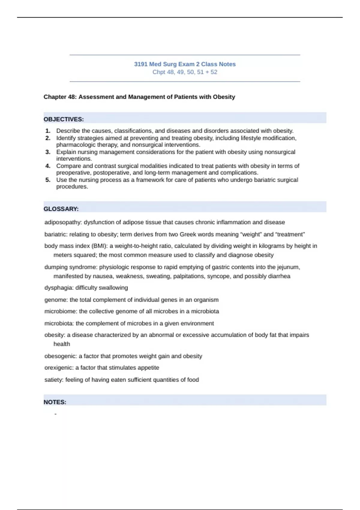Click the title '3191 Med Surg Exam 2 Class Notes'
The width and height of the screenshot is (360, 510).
[x=185, y=64]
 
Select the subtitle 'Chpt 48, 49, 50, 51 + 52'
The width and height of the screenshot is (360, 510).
[x=185, y=72]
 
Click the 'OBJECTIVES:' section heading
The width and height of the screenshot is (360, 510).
[x=64, y=119]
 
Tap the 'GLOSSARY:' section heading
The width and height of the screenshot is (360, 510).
[x=61, y=209]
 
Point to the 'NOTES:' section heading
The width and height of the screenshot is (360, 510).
[x=55, y=402]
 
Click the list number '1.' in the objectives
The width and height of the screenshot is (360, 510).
[x=48, y=131]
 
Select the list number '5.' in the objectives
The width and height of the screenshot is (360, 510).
[x=48, y=180]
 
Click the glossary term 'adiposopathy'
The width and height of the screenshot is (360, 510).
[x=63, y=222]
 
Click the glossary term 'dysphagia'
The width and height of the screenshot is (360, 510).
[x=58, y=288]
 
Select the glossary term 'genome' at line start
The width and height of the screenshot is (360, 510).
[x=56, y=300]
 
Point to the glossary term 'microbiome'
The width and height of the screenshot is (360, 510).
[x=61, y=311]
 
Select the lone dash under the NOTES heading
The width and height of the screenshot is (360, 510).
[x=55, y=414]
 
